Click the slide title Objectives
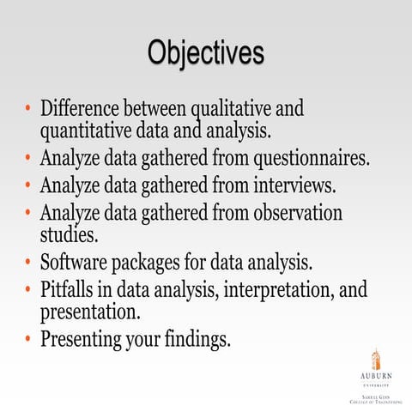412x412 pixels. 205,52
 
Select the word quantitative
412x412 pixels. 89,132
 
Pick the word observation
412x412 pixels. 298,211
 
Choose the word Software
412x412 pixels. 76,260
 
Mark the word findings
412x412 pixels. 197,339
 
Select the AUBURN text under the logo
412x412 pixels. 376,377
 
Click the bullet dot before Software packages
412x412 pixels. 29,261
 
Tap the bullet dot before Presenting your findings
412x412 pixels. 29,338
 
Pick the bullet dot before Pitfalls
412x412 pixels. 29,288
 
